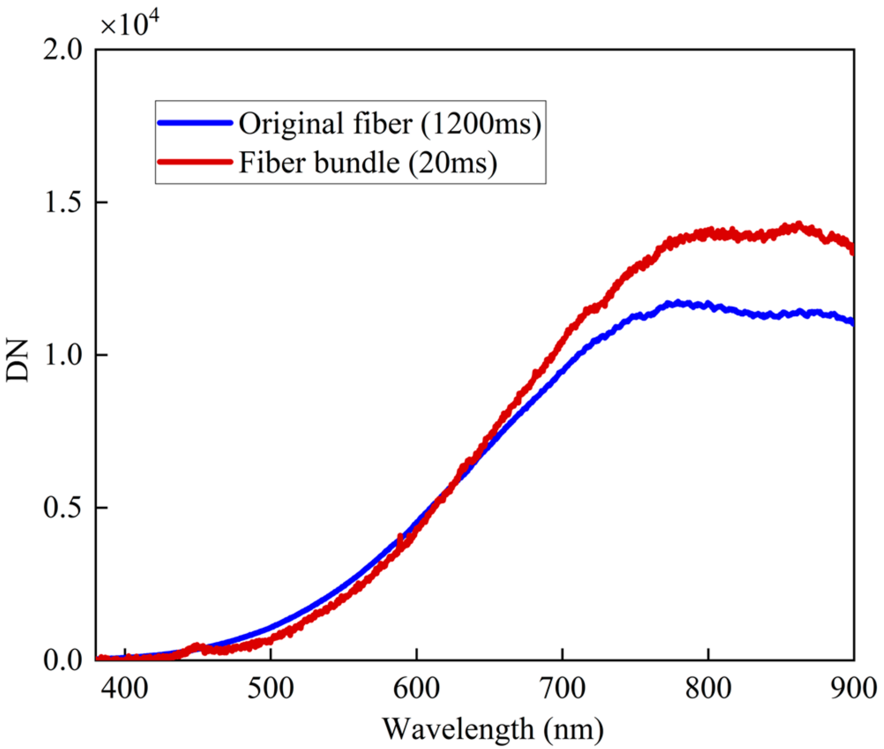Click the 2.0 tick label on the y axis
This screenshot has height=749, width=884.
[x=62, y=49]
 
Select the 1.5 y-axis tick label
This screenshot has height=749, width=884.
[x=62, y=203]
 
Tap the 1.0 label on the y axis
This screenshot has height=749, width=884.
[x=62, y=355]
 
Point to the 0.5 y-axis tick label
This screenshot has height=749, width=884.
[x=62, y=507]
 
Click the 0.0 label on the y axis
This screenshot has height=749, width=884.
[x=62, y=660]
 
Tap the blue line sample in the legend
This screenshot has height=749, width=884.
[x=195, y=123]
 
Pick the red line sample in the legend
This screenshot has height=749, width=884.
[x=195, y=162]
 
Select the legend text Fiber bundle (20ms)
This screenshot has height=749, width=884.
[x=368, y=163]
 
